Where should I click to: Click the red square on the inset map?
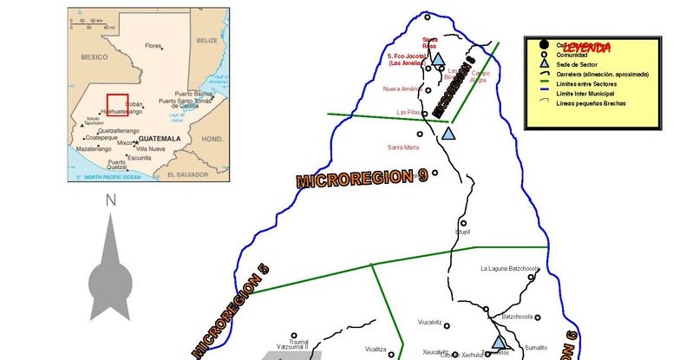pos(117,104)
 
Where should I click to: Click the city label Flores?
pos(154,45)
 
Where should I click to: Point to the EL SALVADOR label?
pos(188,174)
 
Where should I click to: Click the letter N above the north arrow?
pos(110,200)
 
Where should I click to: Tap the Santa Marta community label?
pos(404,147)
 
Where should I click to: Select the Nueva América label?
pos(402,88)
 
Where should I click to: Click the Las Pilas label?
pos(408,112)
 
